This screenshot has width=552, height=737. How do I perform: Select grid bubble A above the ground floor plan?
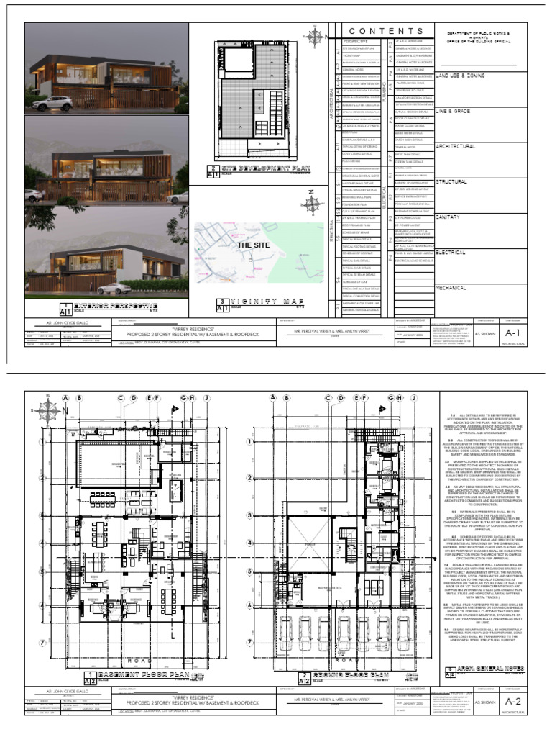pyautogui.click(x=272, y=398)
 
